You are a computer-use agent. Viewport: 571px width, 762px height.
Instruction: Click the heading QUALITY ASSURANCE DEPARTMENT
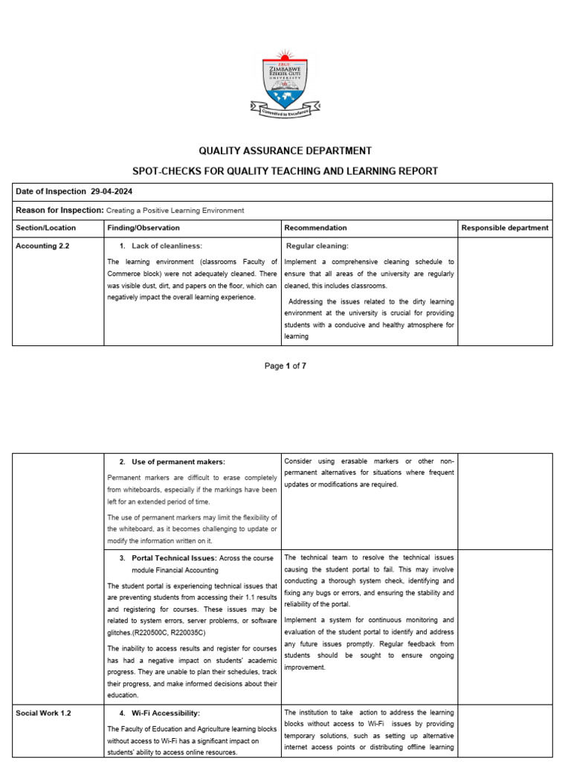coord(285,150)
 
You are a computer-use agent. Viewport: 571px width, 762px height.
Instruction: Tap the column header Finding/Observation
coord(143,228)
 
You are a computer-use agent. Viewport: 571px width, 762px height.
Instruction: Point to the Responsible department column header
coord(505,228)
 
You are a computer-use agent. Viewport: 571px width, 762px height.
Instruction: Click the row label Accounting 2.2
coord(42,246)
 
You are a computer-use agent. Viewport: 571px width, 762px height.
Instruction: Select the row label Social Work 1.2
coord(43,713)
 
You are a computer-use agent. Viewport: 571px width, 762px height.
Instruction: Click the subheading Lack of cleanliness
coord(167,246)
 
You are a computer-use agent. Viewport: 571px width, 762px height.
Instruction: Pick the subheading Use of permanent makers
coord(178,462)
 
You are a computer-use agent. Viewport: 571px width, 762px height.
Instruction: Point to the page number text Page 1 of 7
coord(285,365)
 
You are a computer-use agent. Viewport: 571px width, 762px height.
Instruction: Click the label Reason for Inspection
coord(59,211)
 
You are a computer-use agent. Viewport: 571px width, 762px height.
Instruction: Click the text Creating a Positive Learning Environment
coord(175,211)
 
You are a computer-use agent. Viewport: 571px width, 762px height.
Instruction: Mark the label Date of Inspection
coord(50,192)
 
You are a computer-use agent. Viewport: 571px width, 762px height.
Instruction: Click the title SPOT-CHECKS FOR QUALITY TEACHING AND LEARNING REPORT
coord(285,171)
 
